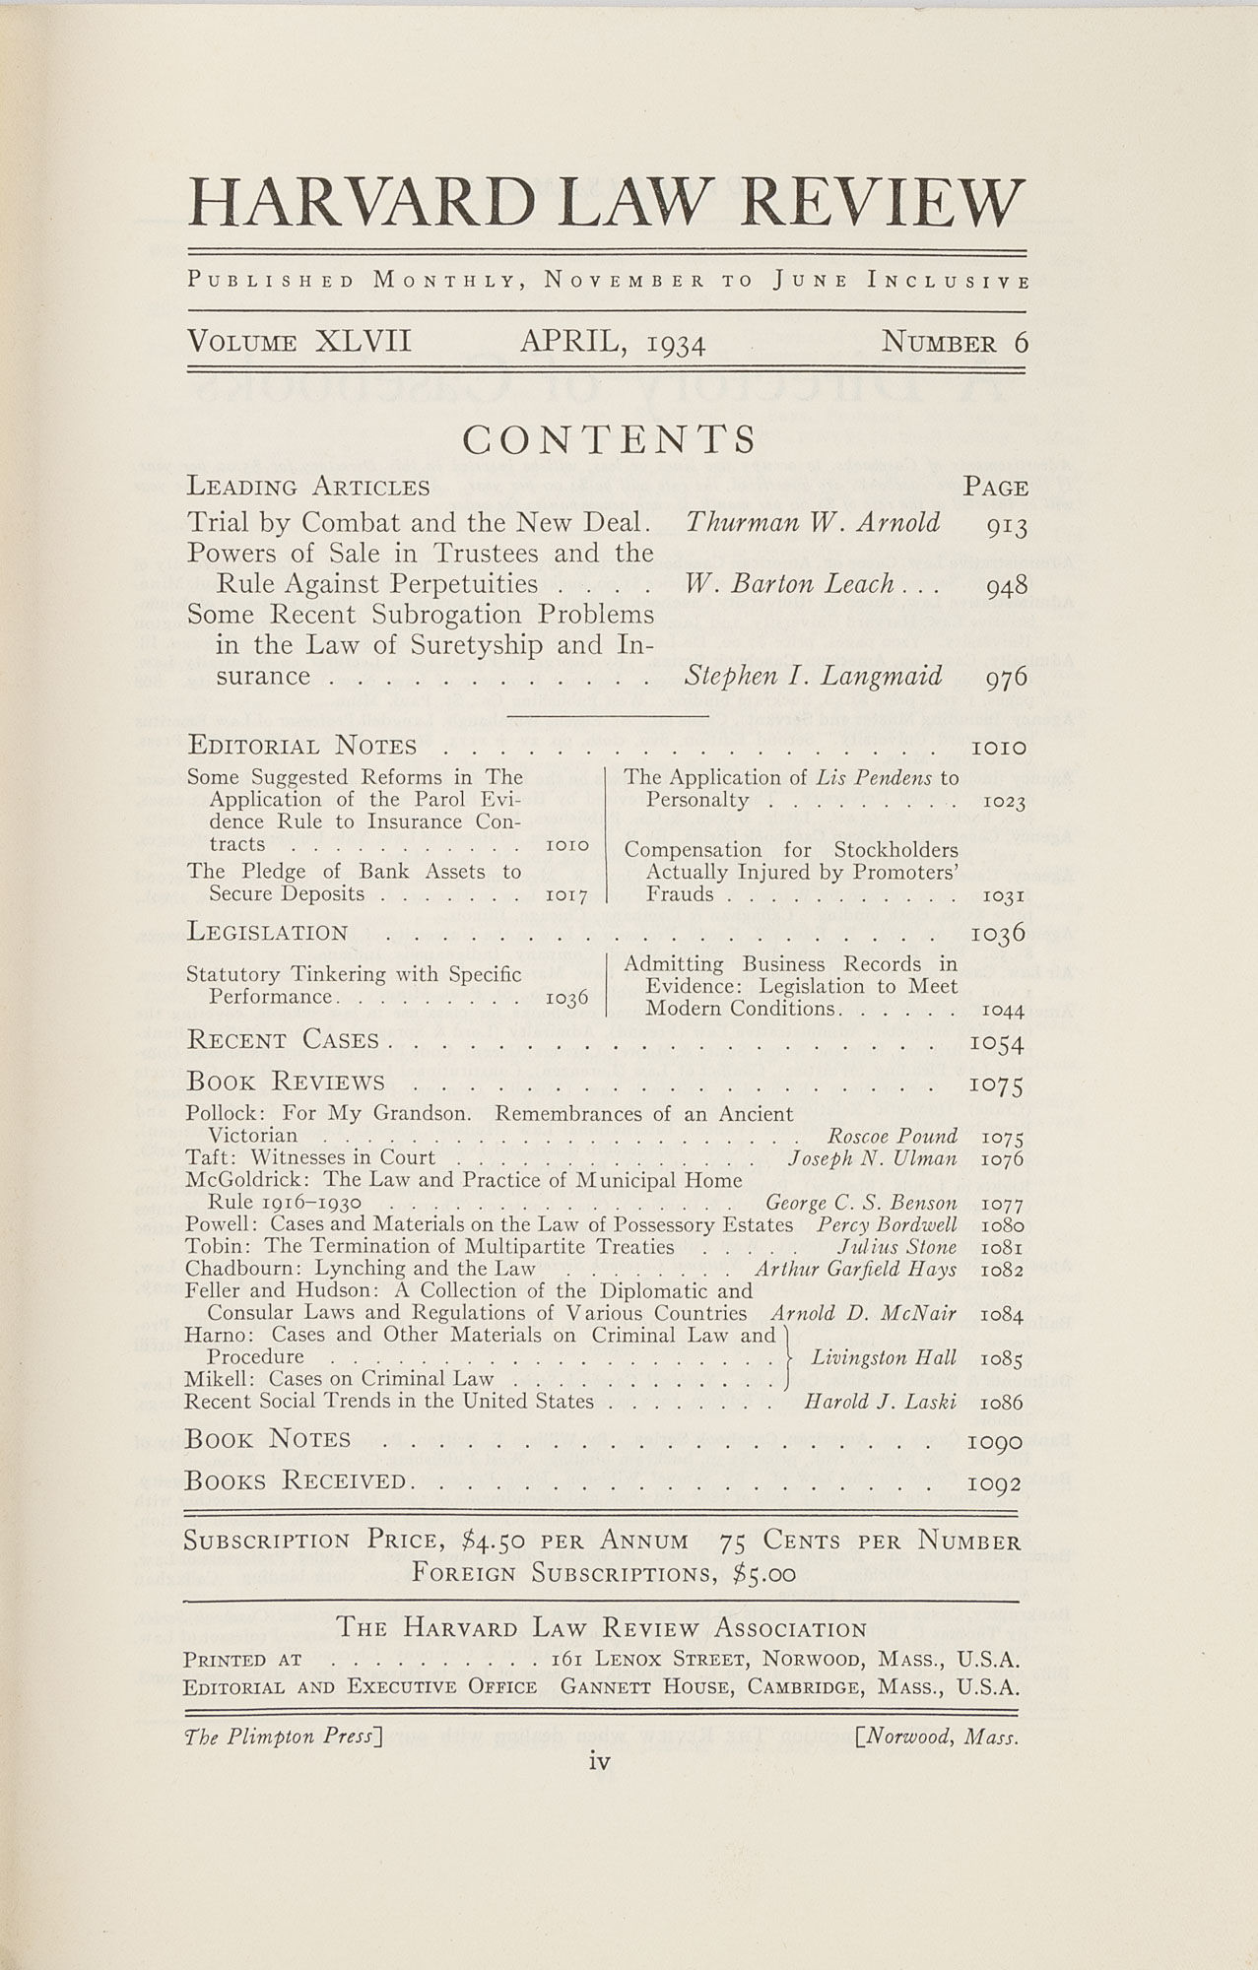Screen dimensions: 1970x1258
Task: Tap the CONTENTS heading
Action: (611, 438)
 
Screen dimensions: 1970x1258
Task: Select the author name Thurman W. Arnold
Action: (813, 522)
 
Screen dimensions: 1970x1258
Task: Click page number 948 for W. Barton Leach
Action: (1007, 586)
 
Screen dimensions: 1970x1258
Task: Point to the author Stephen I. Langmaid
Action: (813, 676)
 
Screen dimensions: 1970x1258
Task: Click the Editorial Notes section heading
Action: (302, 746)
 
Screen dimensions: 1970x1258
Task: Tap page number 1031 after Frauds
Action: (1005, 897)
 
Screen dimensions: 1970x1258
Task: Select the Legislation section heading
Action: (267, 932)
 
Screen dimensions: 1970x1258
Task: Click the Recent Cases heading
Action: (283, 1040)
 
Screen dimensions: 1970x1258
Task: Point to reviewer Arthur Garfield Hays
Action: (855, 1269)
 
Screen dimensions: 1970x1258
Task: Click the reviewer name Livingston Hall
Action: (883, 1357)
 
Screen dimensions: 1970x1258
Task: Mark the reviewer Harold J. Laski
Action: (880, 1402)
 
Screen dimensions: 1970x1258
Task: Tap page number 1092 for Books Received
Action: (995, 1483)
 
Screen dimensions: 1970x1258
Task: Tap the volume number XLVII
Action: (363, 342)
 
